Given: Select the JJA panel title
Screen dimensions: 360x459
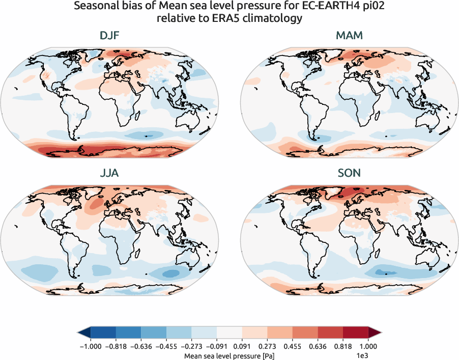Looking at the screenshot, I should point(109,173).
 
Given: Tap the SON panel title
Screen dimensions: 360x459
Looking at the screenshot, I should point(349,173).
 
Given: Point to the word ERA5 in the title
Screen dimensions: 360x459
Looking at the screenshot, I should point(226,19).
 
